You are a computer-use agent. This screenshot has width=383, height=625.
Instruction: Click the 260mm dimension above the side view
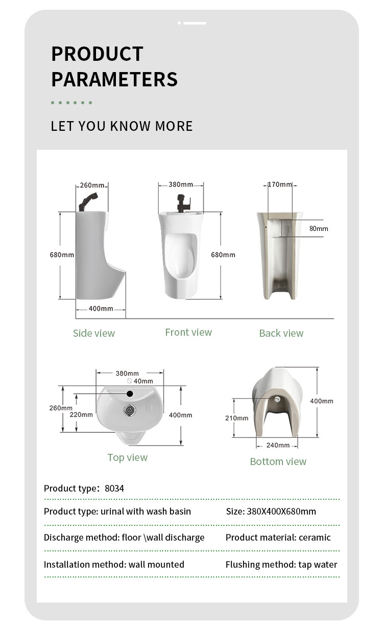pyautogui.click(x=92, y=185)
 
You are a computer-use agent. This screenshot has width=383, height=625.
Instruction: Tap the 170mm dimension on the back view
pyautogui.click(x=280, y=184)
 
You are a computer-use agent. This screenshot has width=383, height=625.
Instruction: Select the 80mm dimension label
pyautogui.click(x=319, y=228)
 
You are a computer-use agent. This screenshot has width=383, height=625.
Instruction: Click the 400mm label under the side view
pyautogui.click(x=101, y=308)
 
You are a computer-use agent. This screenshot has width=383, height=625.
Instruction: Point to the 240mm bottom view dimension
pyautogui.click(x=278, y=445)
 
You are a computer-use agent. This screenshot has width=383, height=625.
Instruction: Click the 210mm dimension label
pyautogui.click(x=236, y=418)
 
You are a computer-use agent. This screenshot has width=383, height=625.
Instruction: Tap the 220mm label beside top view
pyautogui.click(x=81, y=414)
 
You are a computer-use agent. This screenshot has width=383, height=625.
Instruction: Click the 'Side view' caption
pyautogui.click(x=94, y=333)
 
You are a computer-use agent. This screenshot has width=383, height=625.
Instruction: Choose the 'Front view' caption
pyautogui.click(x=188, y=332)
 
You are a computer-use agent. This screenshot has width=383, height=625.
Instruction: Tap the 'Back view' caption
pyautogui.click(x=281, y=333)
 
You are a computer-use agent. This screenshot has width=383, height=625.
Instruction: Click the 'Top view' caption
pyautogui.click(x=127, y=457)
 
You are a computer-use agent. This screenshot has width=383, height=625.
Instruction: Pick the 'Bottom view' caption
pyautogui.click(x=278, y=461)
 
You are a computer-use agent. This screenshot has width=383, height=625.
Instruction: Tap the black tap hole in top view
pyautogui.click(x=129, y=394)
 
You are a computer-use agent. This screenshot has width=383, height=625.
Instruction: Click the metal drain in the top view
pyautogui.click(x=130, y=409)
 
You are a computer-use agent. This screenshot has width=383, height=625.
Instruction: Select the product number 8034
pyautogui.click(x=114, y=488)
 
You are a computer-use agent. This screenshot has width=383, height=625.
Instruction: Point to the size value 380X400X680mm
pyautogui.click(x=281, y=511)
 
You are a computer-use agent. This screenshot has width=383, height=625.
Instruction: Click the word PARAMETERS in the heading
pyautogui.click(x=114, y=79)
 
